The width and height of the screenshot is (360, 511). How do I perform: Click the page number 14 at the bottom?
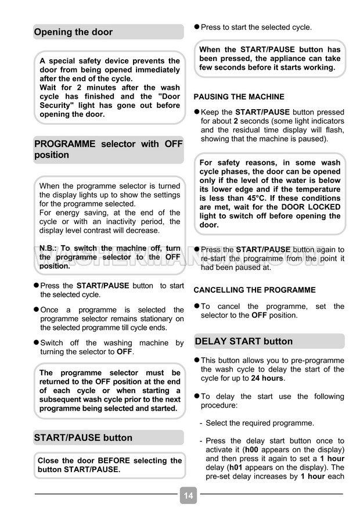click(188, 496)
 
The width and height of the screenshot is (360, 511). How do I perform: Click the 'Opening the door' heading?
click(73, 32)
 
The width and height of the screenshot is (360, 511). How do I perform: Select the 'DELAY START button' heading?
click(244, 341)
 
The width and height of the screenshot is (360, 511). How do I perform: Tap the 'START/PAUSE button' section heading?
click(83, 437)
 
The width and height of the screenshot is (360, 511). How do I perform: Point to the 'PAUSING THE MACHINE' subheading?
click(239, 97)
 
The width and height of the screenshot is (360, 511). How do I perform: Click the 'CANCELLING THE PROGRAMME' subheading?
click(254, 290)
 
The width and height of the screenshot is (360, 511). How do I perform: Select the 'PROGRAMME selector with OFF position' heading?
click(108, 149)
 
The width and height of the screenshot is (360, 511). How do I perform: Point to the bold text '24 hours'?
click(267, 378)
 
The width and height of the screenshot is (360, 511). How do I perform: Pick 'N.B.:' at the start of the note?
click(49, 248)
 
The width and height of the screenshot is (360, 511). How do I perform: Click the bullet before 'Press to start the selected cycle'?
click(196, 27)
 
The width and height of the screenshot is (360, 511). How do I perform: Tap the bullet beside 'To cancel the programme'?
click(196, 306)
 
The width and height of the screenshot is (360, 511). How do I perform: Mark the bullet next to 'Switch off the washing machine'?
click(36, 343)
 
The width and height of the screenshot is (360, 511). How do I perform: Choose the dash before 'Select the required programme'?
click(201, 423)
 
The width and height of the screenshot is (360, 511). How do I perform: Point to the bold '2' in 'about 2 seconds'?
click(236, 121)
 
